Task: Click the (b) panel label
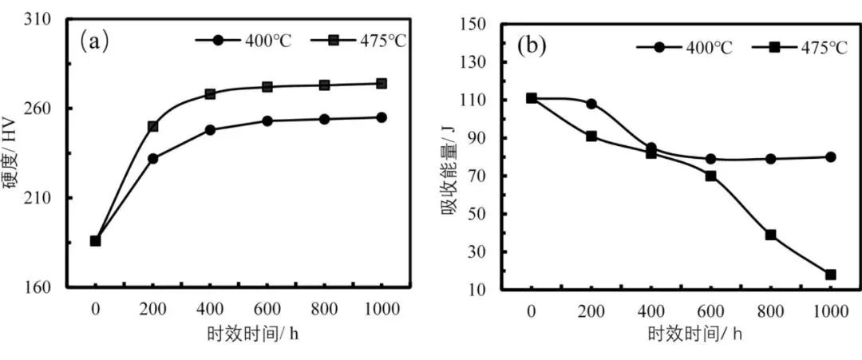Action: point(531,45)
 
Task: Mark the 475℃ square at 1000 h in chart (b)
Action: point(830,275)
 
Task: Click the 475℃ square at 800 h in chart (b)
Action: point(770,235)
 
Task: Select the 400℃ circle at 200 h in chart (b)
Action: point(591,104)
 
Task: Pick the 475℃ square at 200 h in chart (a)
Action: point(153,126)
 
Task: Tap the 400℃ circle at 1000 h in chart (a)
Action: point(382,117)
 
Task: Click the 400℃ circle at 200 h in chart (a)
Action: point(153,159)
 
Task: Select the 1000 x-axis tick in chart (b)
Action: point(830,310)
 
